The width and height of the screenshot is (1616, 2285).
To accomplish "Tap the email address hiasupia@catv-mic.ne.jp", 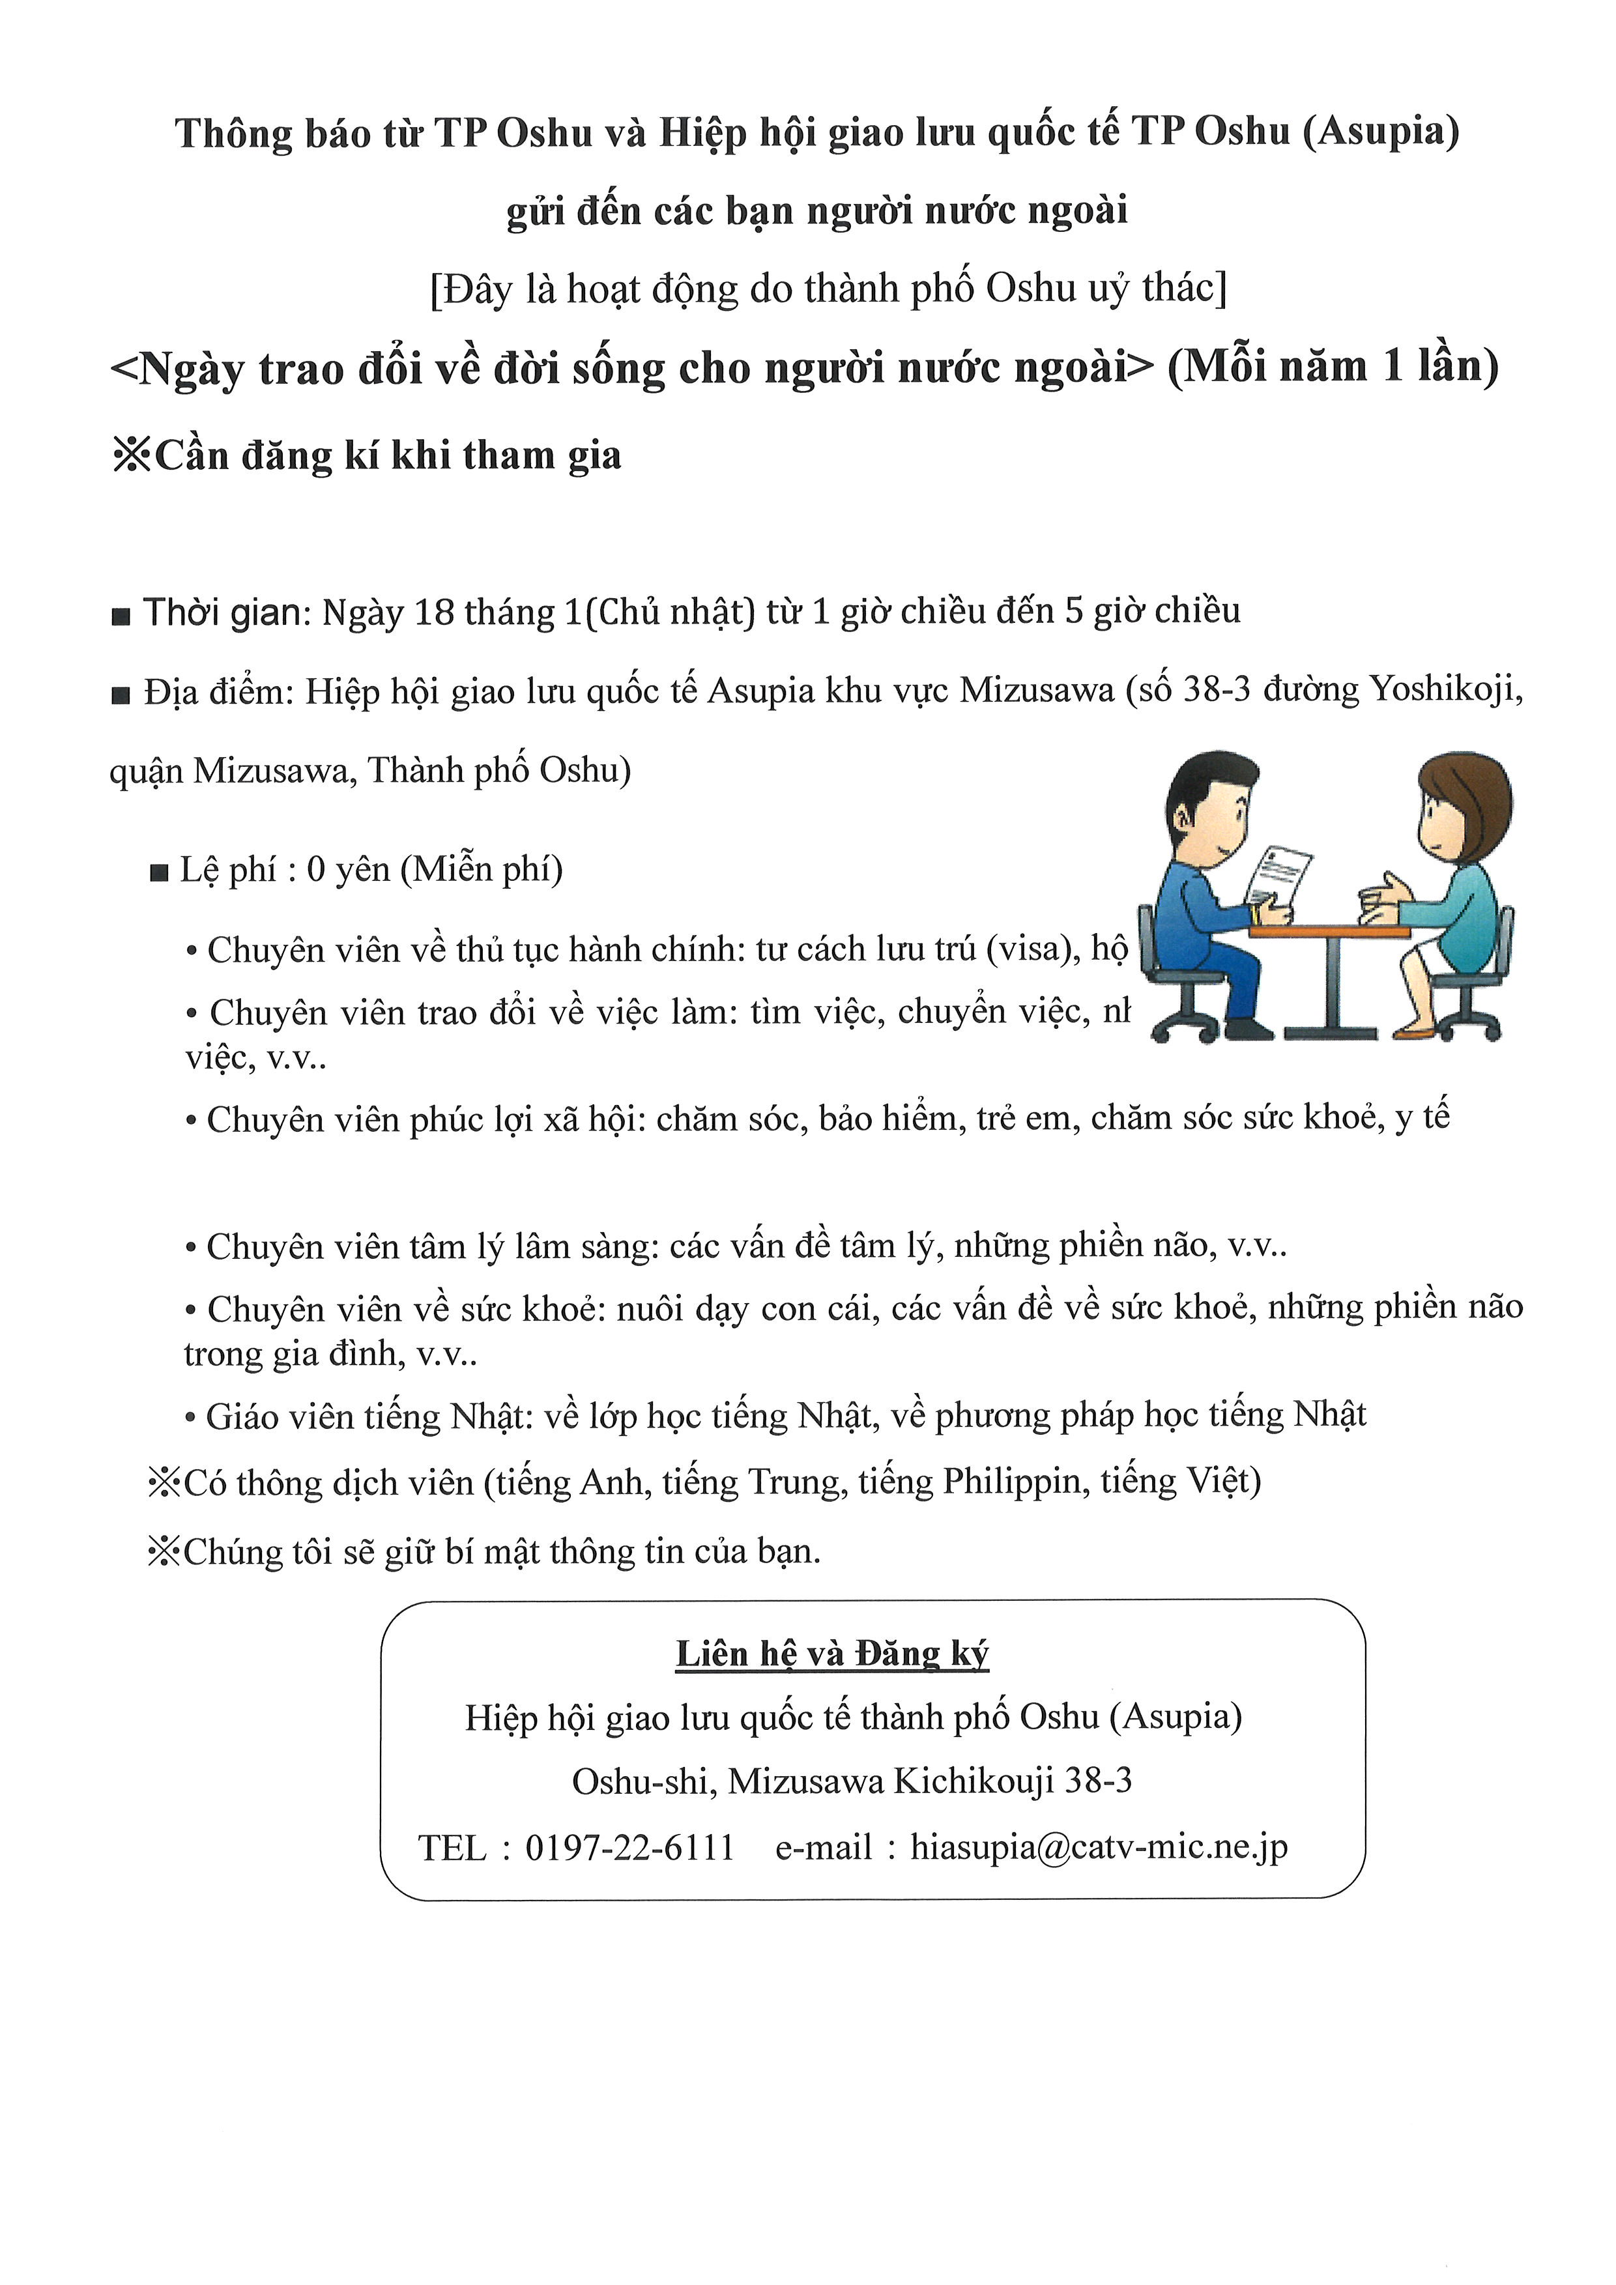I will click(1099, 1847).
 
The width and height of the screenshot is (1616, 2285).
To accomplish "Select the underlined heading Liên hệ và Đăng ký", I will click(832, 1654).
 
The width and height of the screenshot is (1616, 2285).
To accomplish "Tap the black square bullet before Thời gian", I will click(121, 617).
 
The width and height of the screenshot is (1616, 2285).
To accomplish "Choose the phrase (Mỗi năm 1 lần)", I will click(1333, 367).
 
